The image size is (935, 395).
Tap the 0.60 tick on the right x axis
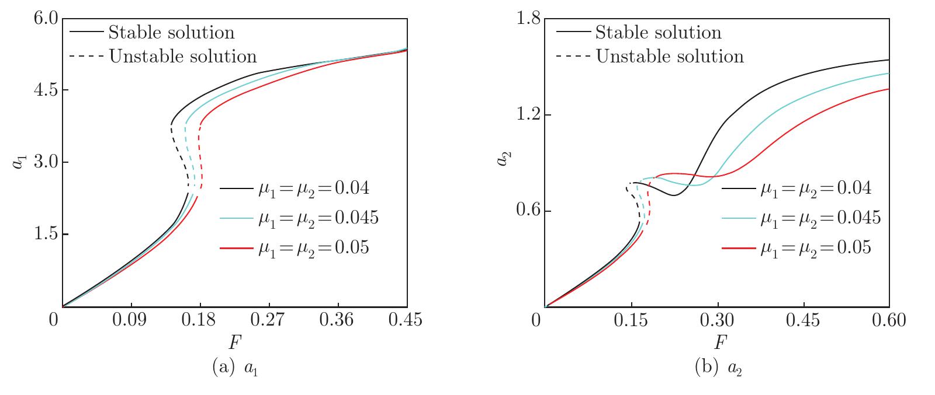889,320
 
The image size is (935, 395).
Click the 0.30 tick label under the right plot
718,320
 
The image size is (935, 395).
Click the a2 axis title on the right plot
501,159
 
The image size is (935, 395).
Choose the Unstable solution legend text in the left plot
183,56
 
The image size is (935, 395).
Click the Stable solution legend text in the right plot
658,32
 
